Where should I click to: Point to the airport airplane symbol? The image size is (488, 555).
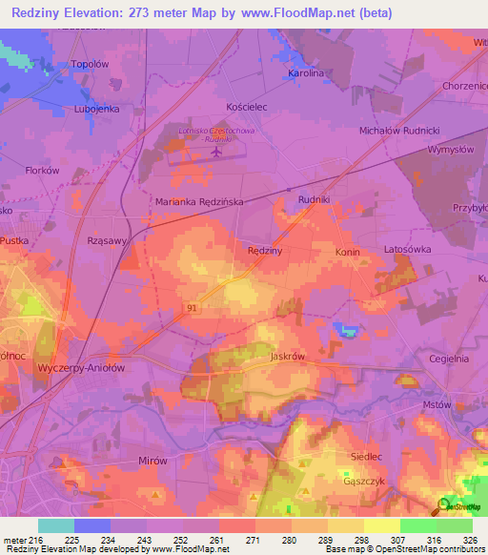tap(217, 151)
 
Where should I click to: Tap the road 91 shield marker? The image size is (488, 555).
tap(192, 306)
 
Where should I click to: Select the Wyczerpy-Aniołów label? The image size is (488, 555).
tap(80, 366)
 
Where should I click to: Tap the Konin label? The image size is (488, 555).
tap(347, 252)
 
